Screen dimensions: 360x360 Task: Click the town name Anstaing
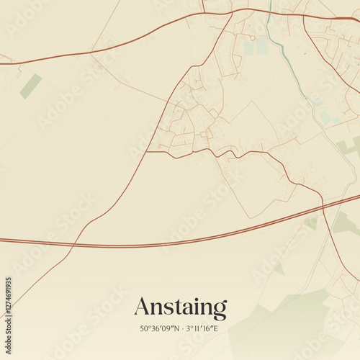180,307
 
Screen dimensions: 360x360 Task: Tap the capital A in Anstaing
142,307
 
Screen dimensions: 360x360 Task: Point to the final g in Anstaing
220,310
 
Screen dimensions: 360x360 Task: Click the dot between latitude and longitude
181,328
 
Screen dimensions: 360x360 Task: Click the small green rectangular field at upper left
30,86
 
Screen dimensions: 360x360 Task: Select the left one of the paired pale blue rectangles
249,48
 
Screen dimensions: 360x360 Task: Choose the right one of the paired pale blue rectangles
262,46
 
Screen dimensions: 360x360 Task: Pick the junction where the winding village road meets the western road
148,151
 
